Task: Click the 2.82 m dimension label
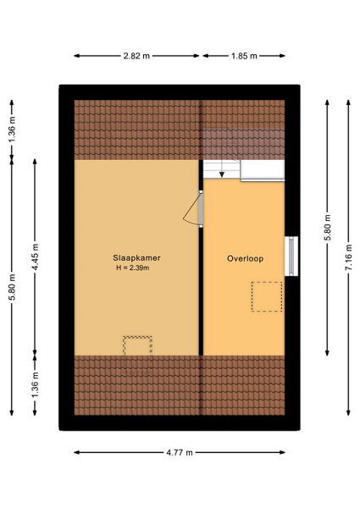click(x=136, y=56)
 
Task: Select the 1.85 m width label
click(x=244, y=56)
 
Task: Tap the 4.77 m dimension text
click(x=180, y=452)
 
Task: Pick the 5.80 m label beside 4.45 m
click(x=12, y=287)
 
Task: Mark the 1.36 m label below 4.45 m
click(x=35, y=384)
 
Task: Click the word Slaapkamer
click(x=136, y=258)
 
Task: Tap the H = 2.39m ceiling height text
click(x=133, y=268)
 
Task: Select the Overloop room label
click(x=245, y=258)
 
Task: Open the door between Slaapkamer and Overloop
click(x=193, y=209)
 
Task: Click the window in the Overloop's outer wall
click(x=291, y=257)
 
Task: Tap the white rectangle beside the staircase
click(x=263, y=170)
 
